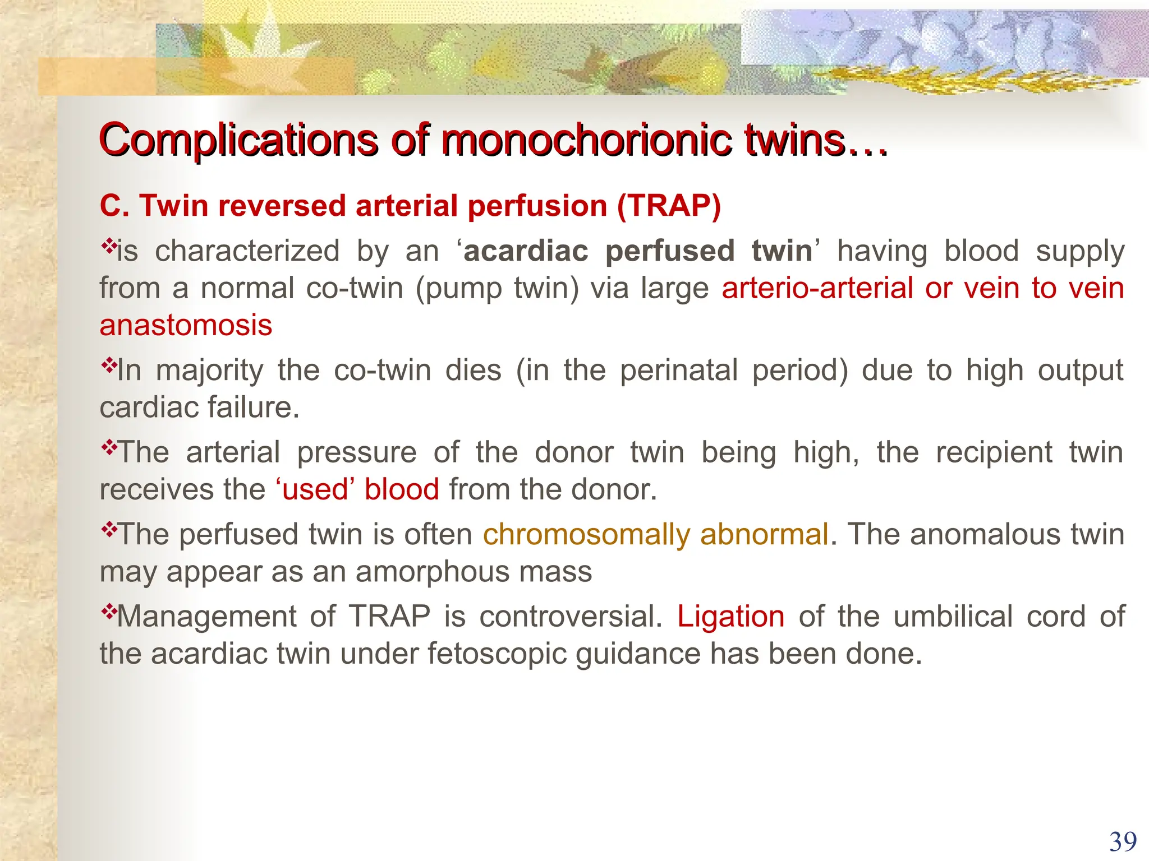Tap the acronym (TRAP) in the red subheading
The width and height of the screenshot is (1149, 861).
pos(668,206)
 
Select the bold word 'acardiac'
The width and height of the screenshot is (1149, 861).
pos(526,251)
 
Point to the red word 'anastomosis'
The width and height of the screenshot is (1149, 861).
pos(186,325)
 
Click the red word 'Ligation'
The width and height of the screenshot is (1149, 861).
pos(730,617)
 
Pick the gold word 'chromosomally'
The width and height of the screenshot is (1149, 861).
pos(586,535)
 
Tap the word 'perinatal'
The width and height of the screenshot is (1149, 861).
pos(679,371)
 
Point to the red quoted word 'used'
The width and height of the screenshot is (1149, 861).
pos(315,489)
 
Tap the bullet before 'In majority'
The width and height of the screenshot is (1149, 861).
pos(108,365)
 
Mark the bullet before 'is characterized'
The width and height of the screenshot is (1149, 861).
pos(108,246)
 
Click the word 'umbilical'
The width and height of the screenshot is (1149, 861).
pos(953,617)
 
